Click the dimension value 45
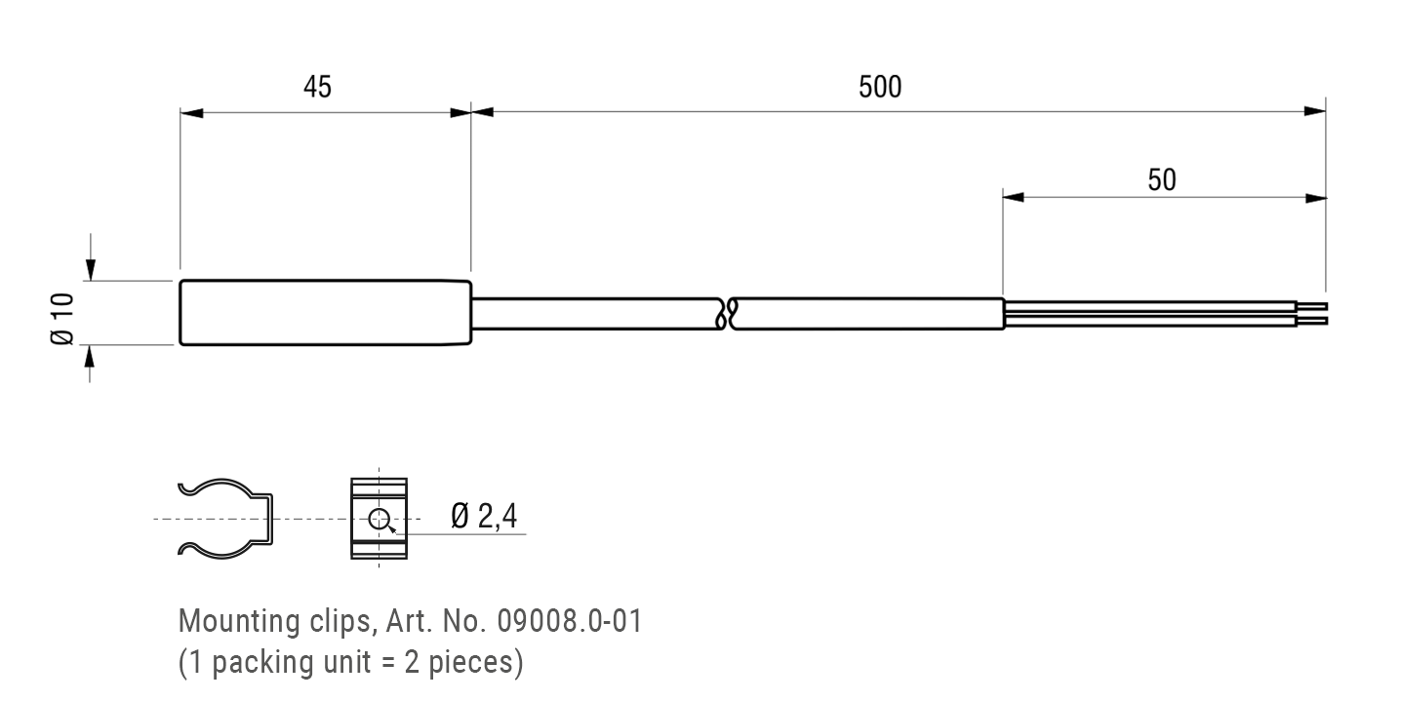[x=317, y=87]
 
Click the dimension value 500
[x=880, y=87]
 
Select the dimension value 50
[x=1161, y=180]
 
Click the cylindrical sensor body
[x=326, y=313]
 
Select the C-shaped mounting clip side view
[x=224, y=519]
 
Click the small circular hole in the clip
[x=380, y=519]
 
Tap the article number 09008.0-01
[x=569, y=621]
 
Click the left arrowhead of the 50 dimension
[x=1015, y=198]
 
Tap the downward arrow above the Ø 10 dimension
[x=91, y=268]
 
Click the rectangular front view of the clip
[x=378, y=519]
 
